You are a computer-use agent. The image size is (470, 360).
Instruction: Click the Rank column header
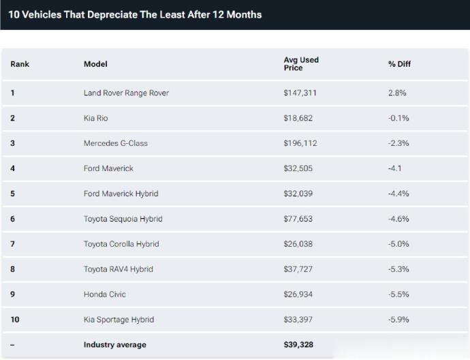click(x=20, y=64)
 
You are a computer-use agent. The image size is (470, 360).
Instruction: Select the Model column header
click(x=95, y=64)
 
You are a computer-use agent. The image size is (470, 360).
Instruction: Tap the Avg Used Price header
click(x=301, y=64)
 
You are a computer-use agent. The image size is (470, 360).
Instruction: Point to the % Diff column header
click(x=399, y=64)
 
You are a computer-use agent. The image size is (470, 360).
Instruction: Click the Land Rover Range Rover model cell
click(x=126, y=93)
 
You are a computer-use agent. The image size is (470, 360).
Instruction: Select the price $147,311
click(x=300, y=93)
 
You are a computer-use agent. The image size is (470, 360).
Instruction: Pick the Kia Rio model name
click(x=95, y=118)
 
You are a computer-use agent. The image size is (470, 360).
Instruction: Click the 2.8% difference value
click(x=397, y=93)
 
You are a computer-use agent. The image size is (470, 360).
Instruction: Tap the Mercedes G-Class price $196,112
click(x=300, y=143)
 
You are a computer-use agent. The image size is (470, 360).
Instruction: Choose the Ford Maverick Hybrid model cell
click(x=121, y=194)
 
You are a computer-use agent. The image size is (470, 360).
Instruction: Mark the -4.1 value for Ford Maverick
click(x=395, y=168)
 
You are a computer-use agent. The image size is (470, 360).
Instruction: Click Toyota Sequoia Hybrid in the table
click(x=123, y=219)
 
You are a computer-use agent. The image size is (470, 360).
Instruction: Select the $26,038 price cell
click(x=298, y=244)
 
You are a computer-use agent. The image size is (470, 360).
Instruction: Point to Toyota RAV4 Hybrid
click(x=118, y=269)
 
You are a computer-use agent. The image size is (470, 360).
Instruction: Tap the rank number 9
click(x=13, y=295)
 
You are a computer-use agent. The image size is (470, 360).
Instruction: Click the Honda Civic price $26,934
click(x=298, y=295)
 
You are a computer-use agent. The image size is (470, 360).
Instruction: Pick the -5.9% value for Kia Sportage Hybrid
click(x=398, y=320)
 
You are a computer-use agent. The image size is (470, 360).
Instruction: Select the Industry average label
click(x=114, y=345)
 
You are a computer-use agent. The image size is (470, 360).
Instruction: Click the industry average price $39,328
click(x=298, y=345)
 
